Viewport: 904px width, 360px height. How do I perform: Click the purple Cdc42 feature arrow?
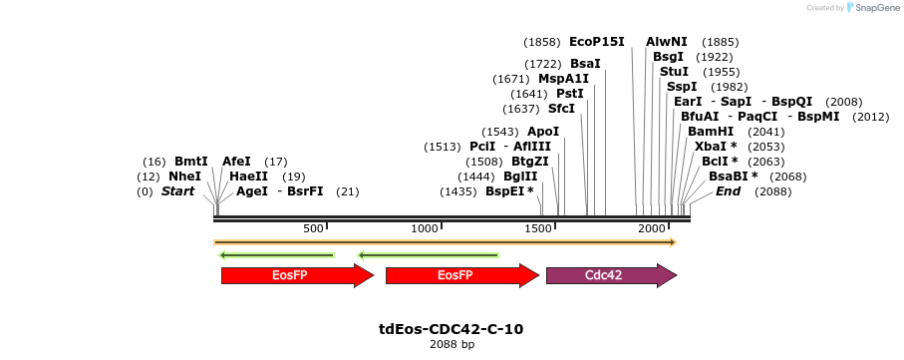pyautogui.click(x=611, y=275)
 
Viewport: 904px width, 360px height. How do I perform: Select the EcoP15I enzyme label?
pyautogui.click(x=597, y=42)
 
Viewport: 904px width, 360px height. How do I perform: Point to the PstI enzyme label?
pyautogui.click(x=570, y=94)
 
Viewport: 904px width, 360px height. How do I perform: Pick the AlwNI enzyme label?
pyautogui.click(x=667, y=42)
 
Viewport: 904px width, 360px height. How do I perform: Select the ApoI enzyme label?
pyautogui.click(x=543, y=132)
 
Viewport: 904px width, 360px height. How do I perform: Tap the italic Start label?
pyautogui.click(x=177, y=191)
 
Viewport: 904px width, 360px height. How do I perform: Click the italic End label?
pyautogui.click(x=729, y=191)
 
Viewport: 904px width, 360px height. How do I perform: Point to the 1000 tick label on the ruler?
pyautogui.click(x=425, y=229)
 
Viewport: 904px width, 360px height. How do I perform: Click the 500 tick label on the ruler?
pyautogui.click(x=314, y=229)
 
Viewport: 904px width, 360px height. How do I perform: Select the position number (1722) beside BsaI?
pyautogui.click(x=542, y=64)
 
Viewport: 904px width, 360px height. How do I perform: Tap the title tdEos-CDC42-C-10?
pyautogui.click(x=452, y=329)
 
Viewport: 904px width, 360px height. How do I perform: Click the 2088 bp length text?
pyautogui.click(x=452, y=345)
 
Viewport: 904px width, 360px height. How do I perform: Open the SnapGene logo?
pyautogui.click(x=873, y=8)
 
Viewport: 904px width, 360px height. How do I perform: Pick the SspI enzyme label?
pyautogui.click(x=682, y=87)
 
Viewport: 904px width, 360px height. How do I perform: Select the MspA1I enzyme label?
pyautogui.click(x=564, y=79)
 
